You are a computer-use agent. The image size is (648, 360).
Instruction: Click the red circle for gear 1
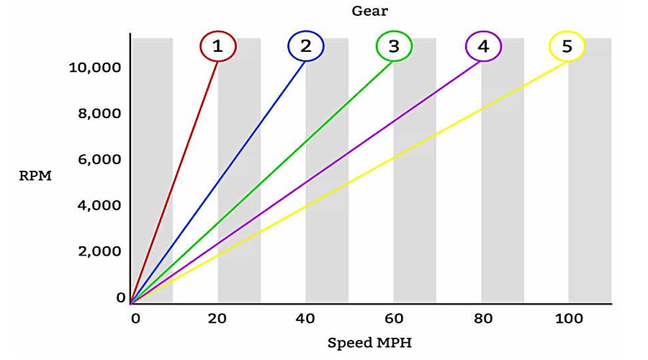(218, 46)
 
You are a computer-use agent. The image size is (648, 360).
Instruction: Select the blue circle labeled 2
(306, 46)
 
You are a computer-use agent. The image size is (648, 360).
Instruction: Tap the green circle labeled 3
(394, 46)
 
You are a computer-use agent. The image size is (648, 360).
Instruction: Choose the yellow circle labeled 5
(567, 46)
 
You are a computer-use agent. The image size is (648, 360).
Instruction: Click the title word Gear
(370, 11)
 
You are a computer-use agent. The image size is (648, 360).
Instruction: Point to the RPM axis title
(35, 176)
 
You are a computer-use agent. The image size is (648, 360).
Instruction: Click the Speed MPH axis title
(370, 343)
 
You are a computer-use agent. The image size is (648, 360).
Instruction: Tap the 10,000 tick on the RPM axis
(94, 68)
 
